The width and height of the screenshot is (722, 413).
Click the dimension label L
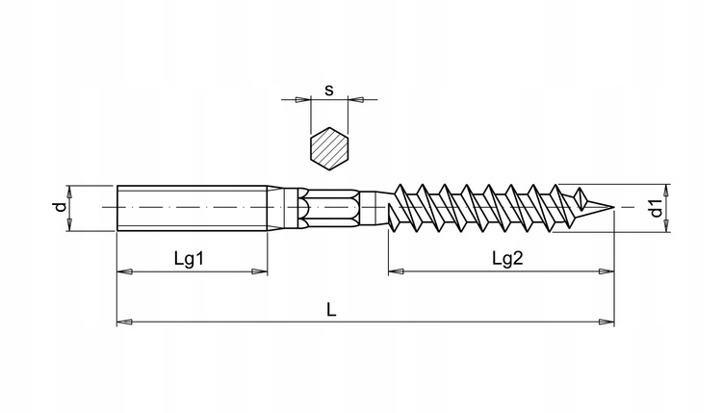330,309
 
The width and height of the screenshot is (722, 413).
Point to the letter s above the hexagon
328,90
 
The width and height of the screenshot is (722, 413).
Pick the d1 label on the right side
655,207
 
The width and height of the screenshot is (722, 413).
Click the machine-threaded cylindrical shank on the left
193,207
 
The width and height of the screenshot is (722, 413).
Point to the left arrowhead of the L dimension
123,322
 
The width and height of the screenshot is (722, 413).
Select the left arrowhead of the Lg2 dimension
395,271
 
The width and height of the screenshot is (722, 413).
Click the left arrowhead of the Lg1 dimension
123,271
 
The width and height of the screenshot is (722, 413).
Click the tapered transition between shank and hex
281,207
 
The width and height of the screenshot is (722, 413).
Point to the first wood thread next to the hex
404,205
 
